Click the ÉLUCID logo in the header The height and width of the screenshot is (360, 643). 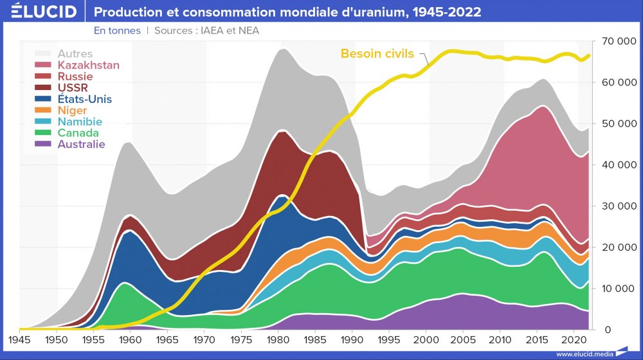click(x=44, y=12)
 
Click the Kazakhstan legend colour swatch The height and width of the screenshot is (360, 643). click(x=43, y=65)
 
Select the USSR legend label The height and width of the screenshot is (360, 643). click(x=73, y=87)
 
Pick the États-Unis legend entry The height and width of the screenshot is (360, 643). click(x=84, y=99)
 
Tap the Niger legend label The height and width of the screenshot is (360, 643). click(x=72, y=111)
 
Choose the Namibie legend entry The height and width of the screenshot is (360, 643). click(x=80, y=122)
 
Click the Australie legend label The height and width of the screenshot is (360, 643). click(x=81, y=144)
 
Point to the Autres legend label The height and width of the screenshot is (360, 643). click(x=75, y=54)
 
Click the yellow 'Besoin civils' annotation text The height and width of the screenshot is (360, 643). click(x=377, y=53)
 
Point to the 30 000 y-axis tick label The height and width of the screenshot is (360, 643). click(x=618, y=206)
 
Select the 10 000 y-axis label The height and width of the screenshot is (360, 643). click(x=618, y=289)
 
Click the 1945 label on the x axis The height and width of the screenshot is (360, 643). click(x=19, y=339)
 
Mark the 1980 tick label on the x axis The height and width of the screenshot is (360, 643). click(x=278, y=339)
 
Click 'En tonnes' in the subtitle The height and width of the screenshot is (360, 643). click(x=116, y=30)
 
